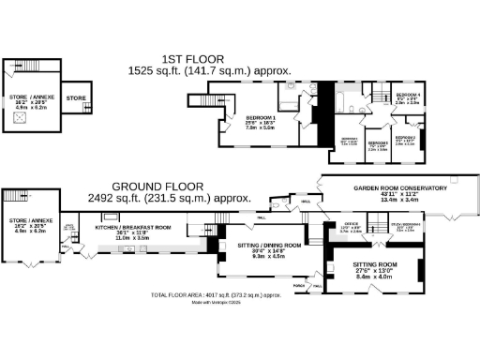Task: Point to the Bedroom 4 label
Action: coord(408,97)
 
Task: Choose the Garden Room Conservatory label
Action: coord(399,188)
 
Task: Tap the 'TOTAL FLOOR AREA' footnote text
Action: coord(217,294)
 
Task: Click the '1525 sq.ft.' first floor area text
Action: coord(169,70)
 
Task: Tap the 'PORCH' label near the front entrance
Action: coord(299,285)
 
